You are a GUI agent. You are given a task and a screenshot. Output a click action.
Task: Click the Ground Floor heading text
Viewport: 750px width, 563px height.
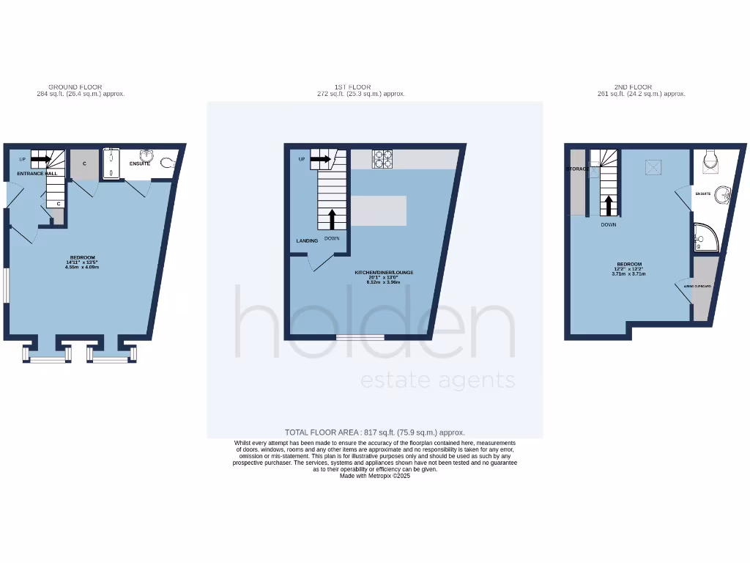(x=75, y=87)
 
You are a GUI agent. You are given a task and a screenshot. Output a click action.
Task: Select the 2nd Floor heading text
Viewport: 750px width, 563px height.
(x=634, y=87)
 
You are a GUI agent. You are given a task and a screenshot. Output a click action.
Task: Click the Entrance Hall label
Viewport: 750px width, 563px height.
(x=38, y=174)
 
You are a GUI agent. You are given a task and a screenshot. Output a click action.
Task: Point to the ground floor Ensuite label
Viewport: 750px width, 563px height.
(x=139, y=163)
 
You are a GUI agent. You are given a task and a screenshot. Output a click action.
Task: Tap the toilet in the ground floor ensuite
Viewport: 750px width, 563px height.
(x=168, y=163)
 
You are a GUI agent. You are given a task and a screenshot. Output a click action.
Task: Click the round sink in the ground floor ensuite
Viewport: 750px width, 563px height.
(x=146, y=155)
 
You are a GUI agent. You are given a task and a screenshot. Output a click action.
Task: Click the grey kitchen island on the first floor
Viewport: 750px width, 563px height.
(x=379, y=210)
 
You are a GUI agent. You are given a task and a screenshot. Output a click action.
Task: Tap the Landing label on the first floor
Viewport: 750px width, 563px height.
(x=307, y=240)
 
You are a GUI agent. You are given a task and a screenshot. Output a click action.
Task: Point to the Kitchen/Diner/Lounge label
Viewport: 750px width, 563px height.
(x=384, y=273)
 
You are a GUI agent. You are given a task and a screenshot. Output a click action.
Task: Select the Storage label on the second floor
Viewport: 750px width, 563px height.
(x=577, y=169)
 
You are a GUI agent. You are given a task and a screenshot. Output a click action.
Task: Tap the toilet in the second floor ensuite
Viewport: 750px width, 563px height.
(x=708, y=161)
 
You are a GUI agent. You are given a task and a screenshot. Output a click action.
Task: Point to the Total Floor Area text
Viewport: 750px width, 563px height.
(x=374, y=433)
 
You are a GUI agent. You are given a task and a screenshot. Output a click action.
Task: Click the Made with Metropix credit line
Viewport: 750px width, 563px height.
(x=374, y=476)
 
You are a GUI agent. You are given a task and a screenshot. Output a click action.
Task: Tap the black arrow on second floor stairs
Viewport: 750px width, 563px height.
(x=608, y=205)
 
